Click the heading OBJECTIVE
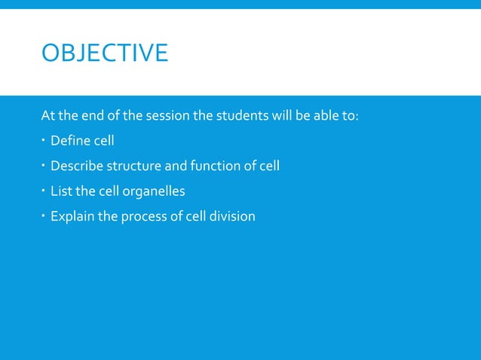point(105,53)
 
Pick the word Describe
point(76,166)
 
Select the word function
point(206,166)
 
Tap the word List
point(61,191)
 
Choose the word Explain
point(72,217)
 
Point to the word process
point(142,217)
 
